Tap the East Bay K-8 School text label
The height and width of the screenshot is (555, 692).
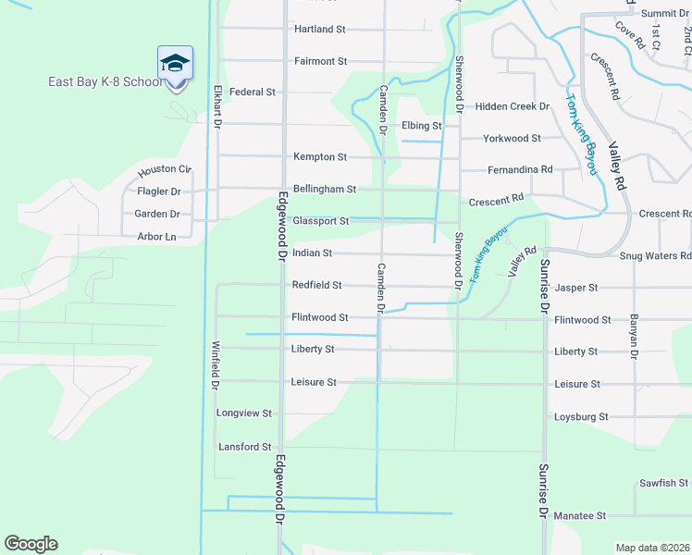tap(105, 82)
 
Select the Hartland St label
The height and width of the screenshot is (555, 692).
tap(319, 30)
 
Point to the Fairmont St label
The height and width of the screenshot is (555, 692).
tap(320, 61)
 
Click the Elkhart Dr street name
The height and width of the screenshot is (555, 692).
tap(218, 106)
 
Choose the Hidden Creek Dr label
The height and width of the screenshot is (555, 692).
tap(512, 107)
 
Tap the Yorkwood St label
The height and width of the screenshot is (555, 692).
tap(512, 139)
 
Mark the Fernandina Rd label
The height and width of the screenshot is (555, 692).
tap(520, 170)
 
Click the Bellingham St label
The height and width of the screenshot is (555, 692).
tap(324, 190)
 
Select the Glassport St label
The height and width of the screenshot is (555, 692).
tap(320, 222)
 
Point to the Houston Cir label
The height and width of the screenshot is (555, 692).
tap(164, 171)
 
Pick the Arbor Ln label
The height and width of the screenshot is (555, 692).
tap(156, 237)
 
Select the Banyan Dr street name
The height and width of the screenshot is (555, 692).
tap(635, 339)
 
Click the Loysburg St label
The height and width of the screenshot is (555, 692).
tap(580, 417)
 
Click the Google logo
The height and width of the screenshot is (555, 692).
tap(31, 544)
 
